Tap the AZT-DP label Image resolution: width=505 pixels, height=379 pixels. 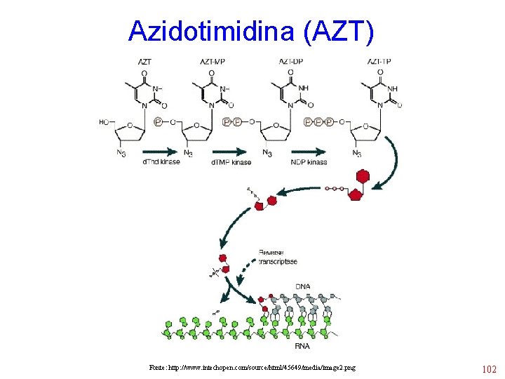pyautogui.click(x=290, y=62)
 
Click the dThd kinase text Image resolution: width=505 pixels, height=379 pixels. pyautogui.click(x=162, y=162)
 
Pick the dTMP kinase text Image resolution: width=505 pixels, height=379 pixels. pyautogui.click(x=231, y=162)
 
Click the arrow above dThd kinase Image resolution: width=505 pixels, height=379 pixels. pyautogui.click(x=161, y=151)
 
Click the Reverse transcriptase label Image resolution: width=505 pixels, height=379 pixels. pyautogui.click(x=278, y=257)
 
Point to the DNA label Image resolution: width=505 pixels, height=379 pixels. pyautogui.click(x=303, y=286)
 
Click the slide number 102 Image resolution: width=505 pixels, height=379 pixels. pyautogui.click(x=488, y=369)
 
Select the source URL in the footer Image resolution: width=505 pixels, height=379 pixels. pyautogui.click(x=252, y=367)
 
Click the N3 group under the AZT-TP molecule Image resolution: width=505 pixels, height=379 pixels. pyautogui.click(x=357, y=154)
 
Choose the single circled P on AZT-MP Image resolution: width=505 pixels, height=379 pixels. pyautogui.click(x=158, y=122)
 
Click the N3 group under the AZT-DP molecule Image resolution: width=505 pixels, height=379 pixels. pyautogui.click(x=267, y=153)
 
